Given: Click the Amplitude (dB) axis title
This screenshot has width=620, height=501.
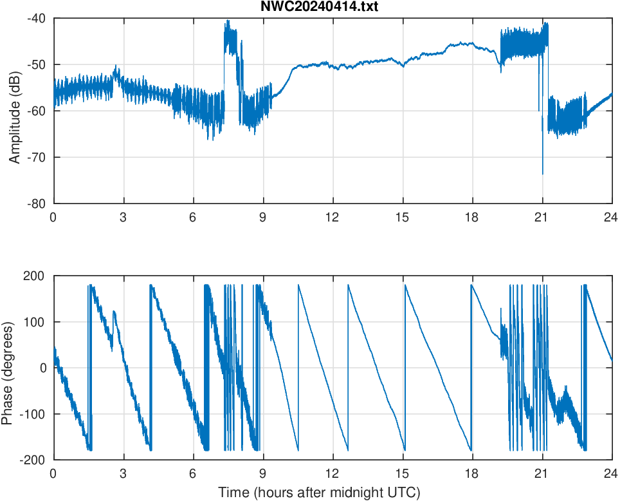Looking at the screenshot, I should click(15, 111).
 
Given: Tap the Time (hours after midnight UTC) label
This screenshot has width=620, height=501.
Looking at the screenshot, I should click(319, 493).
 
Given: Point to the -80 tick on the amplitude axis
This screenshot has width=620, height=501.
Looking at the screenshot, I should click(37, 203).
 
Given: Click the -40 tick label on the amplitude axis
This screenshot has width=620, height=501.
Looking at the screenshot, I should click(37, 18).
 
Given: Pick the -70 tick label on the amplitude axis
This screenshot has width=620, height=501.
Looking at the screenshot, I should click(37, 157).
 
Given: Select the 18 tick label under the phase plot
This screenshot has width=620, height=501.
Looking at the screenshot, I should click(472, 473).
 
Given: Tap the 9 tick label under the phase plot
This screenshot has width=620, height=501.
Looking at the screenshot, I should click(263, 473).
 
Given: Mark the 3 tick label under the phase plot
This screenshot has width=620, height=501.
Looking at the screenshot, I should click(123, 473).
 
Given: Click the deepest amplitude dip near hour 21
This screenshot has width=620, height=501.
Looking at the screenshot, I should click(542, 173).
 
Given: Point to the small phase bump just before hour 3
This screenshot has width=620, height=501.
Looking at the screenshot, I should click(114, 312).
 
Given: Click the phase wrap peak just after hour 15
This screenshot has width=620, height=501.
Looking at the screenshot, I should click(405, 285).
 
